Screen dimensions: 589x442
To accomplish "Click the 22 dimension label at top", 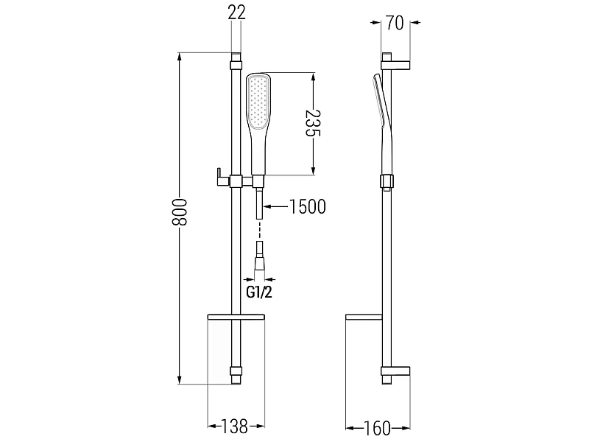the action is pyautogui.click(x=236, y=13).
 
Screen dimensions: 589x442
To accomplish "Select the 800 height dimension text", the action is pyautogui.click(x=179, y=212).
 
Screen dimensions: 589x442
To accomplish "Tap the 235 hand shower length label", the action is pyautogui.click(x=312, y=124).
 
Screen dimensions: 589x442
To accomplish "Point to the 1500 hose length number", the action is pyautogui.click(x=308, y=206).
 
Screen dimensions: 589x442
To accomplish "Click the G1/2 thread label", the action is pyautogui.click(x=259, y=292).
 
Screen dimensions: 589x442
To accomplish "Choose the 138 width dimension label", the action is pyautogui.click(x=234, y=426).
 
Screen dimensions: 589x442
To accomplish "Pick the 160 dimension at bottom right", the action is pyautogui.click(x=377, y=428).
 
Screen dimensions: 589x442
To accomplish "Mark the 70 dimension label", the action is pyautogui.click(x=395, y=23).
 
